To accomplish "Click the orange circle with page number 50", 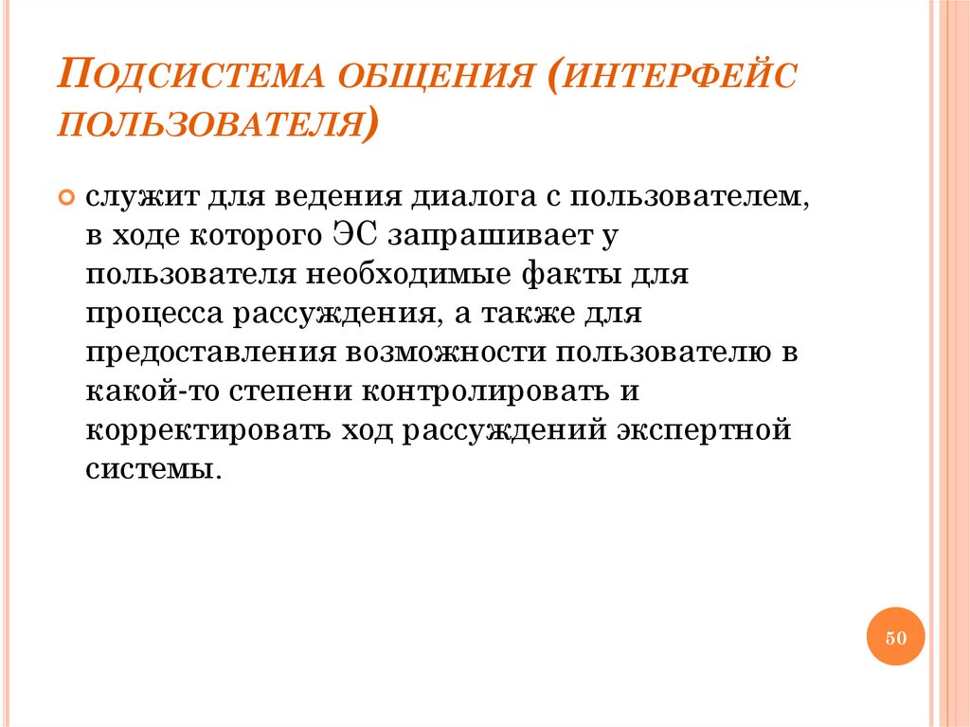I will [x=895, y=637].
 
